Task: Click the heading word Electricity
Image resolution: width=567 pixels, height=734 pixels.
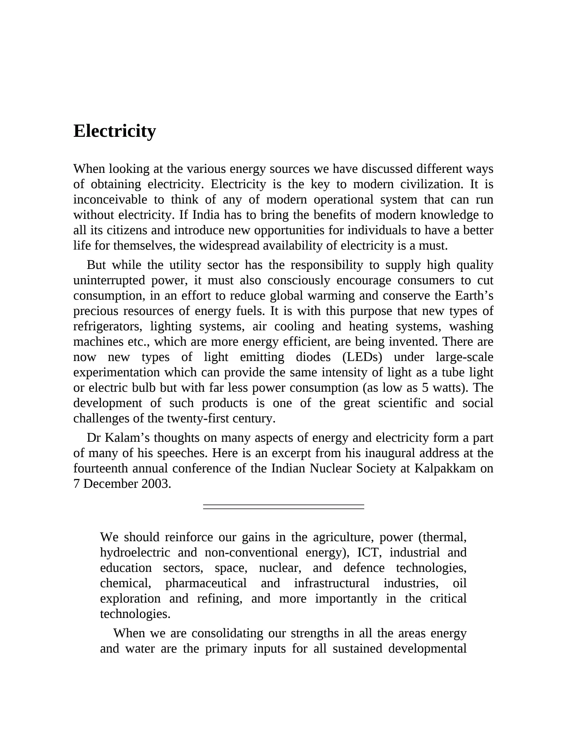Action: click(114, 131)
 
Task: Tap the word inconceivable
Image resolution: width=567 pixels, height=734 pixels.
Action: click(110, 200)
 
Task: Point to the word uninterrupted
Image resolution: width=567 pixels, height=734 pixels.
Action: click(109, 280)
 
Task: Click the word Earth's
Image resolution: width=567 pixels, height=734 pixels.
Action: click(474, 296)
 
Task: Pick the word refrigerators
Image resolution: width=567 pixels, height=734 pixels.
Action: click(107, 326)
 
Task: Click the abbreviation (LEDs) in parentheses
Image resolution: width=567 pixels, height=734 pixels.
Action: click(362, 357)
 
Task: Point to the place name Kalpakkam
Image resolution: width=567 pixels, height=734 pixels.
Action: click(445, 468)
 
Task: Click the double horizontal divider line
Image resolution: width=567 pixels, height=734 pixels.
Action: click(283, 507)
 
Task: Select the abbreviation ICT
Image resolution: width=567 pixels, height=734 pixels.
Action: click(369, 553)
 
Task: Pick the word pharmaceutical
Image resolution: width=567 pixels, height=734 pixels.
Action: click(206, 583)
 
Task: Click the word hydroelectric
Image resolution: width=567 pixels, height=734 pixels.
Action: click(135, 553)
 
